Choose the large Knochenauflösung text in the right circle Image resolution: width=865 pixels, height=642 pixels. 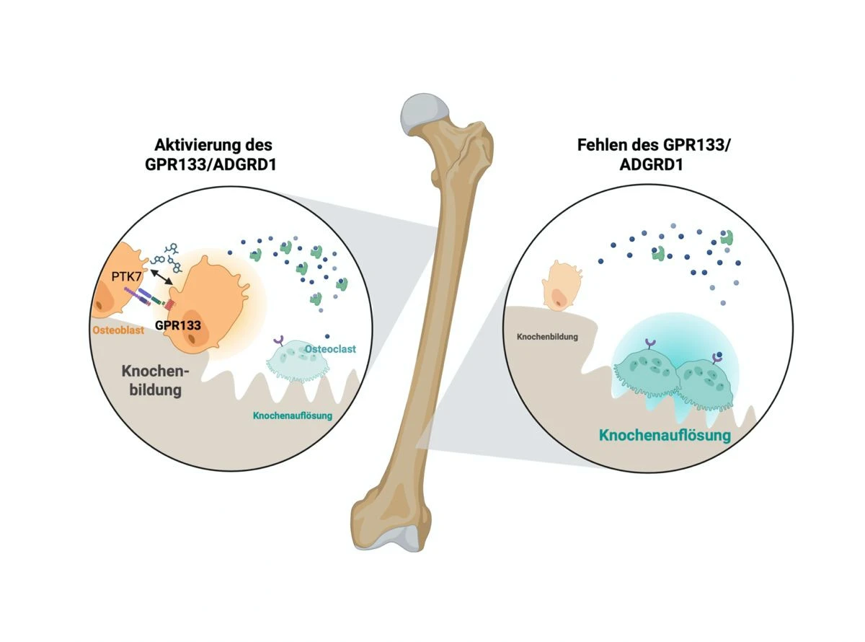(x=665, y=436)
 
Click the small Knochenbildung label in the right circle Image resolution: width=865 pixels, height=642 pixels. (x=548, y=337)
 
